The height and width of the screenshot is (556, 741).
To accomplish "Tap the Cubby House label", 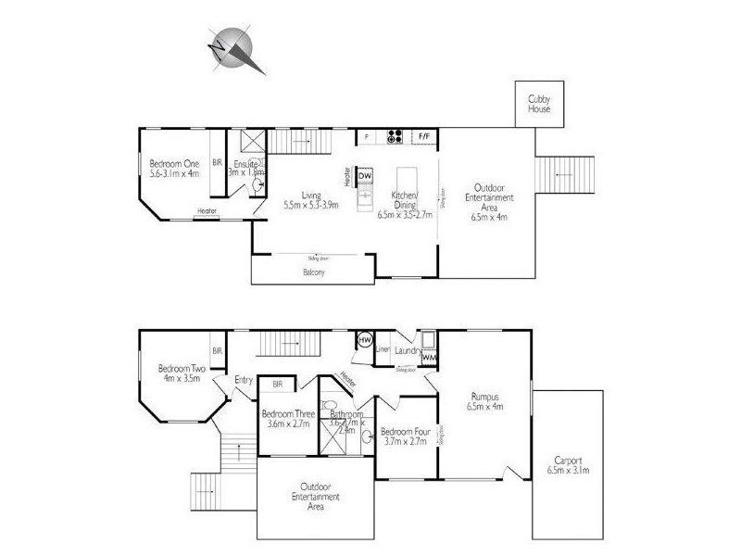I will (539, 103).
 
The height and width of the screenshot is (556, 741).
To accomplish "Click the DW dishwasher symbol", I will (365, 176).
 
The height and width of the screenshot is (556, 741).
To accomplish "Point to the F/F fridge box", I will (425, 137).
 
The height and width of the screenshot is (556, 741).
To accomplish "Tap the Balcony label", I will (313, 272).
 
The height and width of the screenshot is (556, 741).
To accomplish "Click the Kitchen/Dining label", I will (405, 199).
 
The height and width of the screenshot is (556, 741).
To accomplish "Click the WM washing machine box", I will (429, 356).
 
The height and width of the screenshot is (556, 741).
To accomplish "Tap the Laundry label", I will (407, 350).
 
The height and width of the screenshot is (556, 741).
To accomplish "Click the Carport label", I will (567, 464).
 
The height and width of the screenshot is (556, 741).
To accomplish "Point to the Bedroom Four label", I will (405, 435).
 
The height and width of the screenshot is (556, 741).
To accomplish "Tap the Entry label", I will (244, 379).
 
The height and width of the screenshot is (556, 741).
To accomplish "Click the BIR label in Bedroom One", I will (218, 161).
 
